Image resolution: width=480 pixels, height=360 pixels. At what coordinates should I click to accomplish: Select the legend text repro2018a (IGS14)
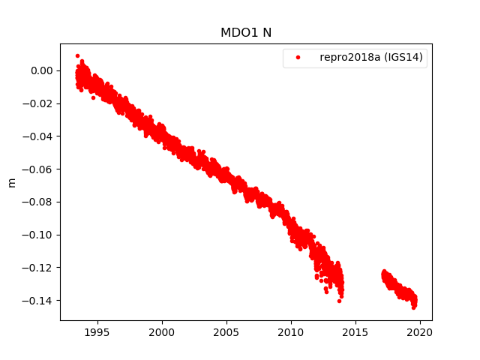373,58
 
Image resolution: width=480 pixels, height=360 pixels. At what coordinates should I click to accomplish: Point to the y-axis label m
11,182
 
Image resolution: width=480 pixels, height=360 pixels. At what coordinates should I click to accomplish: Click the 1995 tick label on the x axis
97,331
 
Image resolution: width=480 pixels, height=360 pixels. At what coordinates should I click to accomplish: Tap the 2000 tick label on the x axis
162,331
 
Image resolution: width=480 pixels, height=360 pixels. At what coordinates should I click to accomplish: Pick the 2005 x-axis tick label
226,331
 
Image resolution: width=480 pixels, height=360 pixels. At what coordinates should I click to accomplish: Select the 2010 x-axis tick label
291,331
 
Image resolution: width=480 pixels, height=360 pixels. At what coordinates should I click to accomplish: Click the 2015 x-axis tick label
356,331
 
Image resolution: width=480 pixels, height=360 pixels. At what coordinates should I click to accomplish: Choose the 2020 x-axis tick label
421,331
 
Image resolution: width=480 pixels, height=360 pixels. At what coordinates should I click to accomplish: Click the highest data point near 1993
77,55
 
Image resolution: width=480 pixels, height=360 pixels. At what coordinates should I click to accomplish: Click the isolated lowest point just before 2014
339,301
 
